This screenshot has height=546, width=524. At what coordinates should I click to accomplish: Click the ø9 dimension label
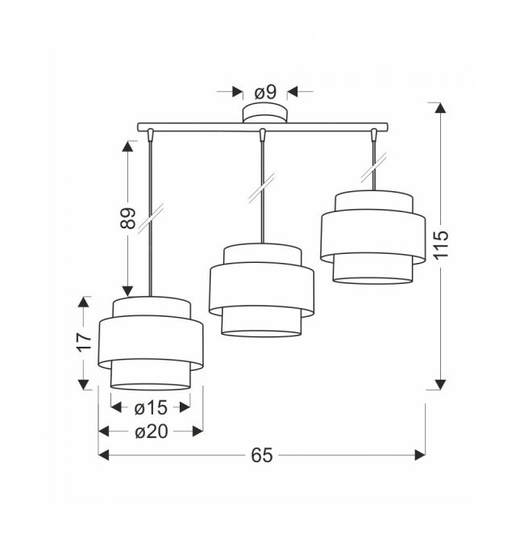tap(265, 93)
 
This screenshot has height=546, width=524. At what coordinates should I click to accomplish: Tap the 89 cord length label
tap(127, 219)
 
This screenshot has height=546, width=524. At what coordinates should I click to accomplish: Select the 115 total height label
tap(441, 244)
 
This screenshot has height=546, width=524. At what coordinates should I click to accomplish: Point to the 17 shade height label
tap(84, 342)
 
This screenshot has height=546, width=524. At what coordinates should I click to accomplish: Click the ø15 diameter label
tap(151, 408)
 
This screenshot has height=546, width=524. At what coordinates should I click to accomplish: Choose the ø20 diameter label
tap(151, 432)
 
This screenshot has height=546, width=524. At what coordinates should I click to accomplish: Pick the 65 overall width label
tap(262, 455)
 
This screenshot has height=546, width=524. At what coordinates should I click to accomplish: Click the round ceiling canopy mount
tap(265, 113)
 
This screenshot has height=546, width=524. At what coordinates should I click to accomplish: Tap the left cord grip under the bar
tap(151, 135)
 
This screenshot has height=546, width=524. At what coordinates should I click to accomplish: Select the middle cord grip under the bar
tap(263, 135)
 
